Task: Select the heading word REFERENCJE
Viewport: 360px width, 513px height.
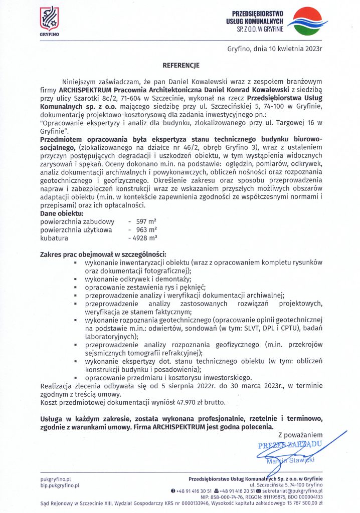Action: click(181, 65)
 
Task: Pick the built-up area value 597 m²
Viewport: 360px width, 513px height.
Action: click(145, 221)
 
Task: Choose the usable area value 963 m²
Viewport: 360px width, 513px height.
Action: click(145, 229)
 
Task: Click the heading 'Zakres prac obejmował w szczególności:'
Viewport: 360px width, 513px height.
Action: click(103, 254)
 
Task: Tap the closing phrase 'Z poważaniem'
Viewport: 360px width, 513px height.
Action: click(300, 435)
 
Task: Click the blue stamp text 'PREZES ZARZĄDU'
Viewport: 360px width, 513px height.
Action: click(289, 445)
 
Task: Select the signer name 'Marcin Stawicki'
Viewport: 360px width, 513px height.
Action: click(291, 460)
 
